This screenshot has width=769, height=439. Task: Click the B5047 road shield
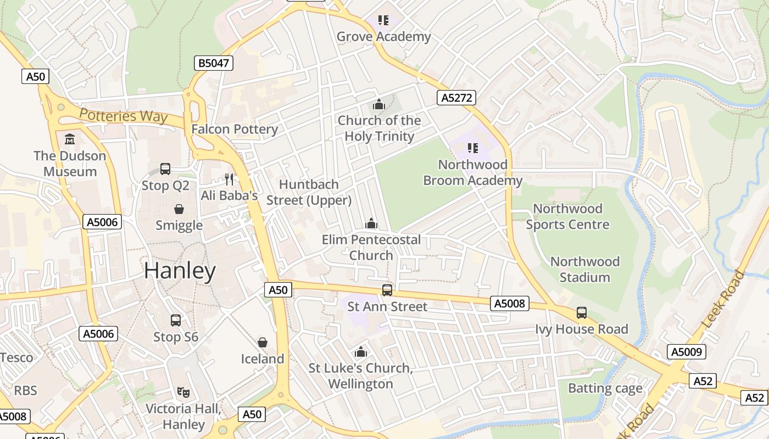[214, 63]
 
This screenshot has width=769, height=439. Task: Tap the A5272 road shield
[456, 98]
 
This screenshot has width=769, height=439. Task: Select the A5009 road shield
[687, 352]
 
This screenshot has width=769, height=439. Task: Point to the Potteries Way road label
[123, 116]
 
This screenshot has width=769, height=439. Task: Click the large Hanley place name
[180, 271]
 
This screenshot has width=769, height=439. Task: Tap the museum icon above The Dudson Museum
[70, 139]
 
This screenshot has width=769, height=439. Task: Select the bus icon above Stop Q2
[165, 169]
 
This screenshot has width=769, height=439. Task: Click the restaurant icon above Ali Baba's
[229, 179]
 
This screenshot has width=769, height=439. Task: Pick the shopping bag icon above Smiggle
[179, 209]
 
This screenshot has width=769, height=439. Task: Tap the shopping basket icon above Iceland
[263, 342]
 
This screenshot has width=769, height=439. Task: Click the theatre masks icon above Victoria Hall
[183, 392]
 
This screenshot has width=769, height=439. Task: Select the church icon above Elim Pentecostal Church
[371, 223]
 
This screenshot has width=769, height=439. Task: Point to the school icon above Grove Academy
[383, 20]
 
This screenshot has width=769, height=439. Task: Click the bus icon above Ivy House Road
[582, 313]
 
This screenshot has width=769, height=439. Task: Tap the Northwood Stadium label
[584, 269]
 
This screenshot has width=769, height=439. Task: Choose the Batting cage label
[605, 389]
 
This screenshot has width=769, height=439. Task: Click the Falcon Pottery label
[235, 130]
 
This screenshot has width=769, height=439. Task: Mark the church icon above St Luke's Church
[361, 352]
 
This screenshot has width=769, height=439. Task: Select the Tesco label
[16, 358]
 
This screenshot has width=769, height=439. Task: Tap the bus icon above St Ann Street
[387, 290]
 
